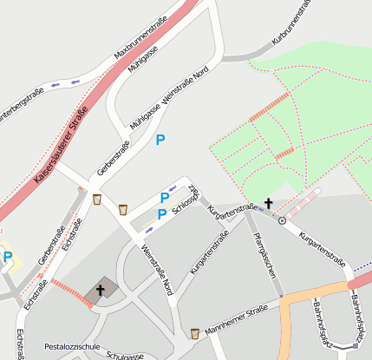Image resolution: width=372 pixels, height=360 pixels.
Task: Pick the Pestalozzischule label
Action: [x=72, y=345]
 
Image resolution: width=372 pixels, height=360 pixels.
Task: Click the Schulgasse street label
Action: [x=125, y=355]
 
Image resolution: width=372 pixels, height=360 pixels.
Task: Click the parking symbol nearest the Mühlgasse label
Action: [x=159, y=139]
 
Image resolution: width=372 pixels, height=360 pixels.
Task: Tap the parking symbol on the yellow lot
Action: [x=8, y=257]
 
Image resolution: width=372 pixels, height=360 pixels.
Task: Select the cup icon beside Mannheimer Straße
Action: [x=194, y=332]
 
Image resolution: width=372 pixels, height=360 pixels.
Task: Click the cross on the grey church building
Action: [x=101, y=290]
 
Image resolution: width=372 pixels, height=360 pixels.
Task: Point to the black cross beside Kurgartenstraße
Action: [x=268, y=204]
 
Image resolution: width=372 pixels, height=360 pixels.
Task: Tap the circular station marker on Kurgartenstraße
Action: [x=282, y=220]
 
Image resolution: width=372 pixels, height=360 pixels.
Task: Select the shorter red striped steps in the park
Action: [x=284, y=154]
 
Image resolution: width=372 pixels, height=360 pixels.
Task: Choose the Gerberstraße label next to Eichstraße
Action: [x=53, y=245]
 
